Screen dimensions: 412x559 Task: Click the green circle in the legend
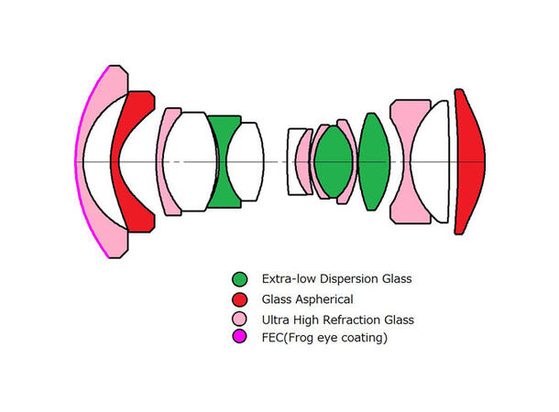(x=239, y=279)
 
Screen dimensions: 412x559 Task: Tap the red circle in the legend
(x=239, y=299)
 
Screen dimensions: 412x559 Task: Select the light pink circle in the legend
(x=239, y=320)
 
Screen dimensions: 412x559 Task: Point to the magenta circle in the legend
(x=239, y=338)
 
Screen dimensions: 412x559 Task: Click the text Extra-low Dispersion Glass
(x=336, y=279)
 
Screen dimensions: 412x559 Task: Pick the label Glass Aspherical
(x=308, y=299)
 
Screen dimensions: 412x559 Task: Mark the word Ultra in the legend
(x=277, y=320)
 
